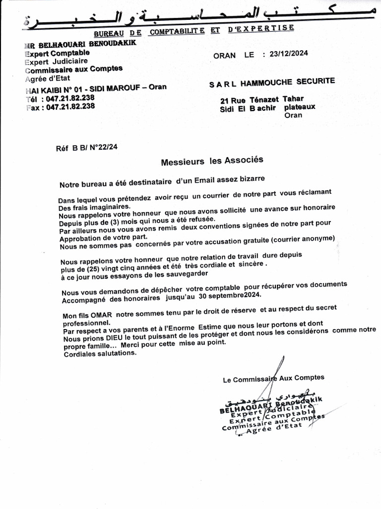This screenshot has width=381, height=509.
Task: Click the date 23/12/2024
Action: click(286, 54)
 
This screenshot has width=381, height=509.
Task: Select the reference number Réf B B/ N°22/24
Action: click(87, 147)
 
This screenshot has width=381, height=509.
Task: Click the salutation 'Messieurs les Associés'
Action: click(212, 161)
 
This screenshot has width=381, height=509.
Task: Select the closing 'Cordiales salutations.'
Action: click(100, 353)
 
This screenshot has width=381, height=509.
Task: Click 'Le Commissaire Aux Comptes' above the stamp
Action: click(273, 379)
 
